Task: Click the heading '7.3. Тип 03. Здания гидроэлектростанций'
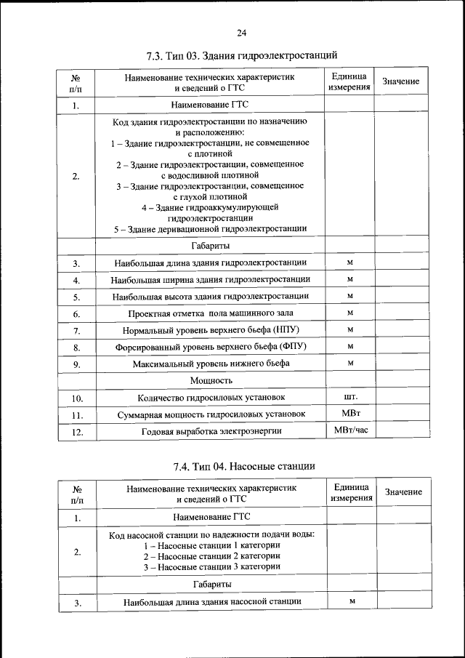coord(242,55)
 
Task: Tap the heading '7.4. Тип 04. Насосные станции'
coord(243,465)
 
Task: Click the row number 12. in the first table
coord(77,432)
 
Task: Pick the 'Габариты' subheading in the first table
coord(211,246)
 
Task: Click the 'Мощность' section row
coord(211,380)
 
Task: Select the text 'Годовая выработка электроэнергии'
coord(211,432)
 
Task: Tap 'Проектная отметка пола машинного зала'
coord(211,313)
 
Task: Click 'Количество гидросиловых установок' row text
coord(211,398)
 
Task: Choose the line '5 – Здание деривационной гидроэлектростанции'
coord(211,229)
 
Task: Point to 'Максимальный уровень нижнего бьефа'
coord(211,363)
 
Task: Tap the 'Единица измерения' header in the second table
coord(352,492)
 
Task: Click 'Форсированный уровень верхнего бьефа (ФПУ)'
coord(211,347)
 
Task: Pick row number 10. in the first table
coord(77,398)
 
